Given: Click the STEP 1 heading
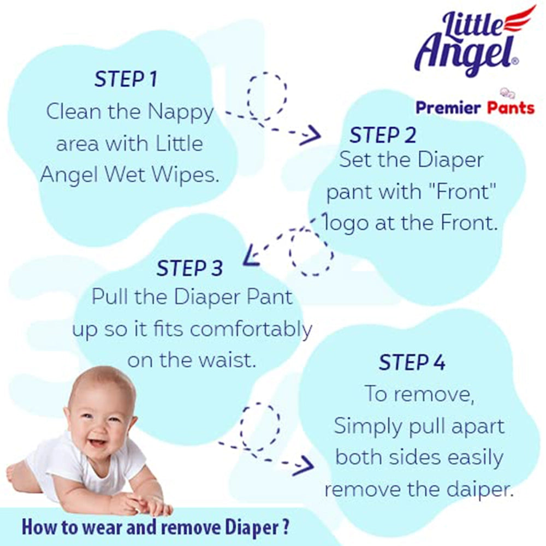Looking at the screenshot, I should click(x=126, y=79).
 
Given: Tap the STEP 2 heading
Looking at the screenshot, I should click(x=383, y=135).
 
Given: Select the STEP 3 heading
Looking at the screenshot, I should click(x=189, y=268).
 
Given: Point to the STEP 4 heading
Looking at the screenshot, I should click(x=412, y=363).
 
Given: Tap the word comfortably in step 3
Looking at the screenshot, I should click(x=251, y=329).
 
